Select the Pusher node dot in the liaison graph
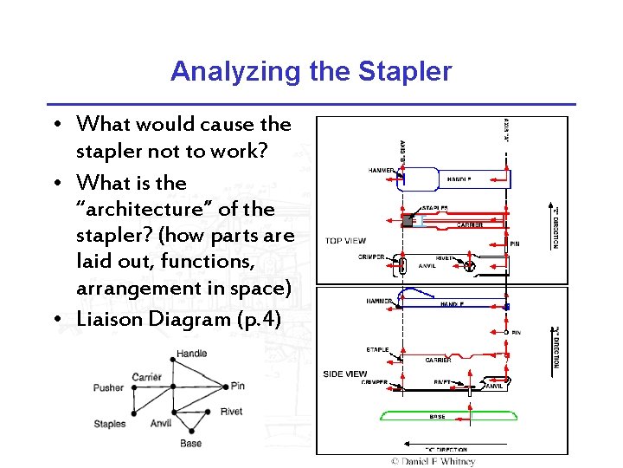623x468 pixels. [134, 388]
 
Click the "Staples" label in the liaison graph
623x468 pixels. [110, 424]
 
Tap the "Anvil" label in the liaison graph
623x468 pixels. [161, 424]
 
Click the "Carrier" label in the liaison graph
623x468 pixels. [147, 377]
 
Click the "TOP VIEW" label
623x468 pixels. [345, 241]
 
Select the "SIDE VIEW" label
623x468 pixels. [345, 374]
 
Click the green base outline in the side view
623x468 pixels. [448, 415]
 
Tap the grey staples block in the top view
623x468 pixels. [408, 221]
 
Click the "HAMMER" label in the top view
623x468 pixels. [382, 170]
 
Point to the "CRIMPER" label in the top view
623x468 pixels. [372, 257]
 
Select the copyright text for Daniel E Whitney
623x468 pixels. [433, 461]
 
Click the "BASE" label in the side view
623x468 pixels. [438, 417]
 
